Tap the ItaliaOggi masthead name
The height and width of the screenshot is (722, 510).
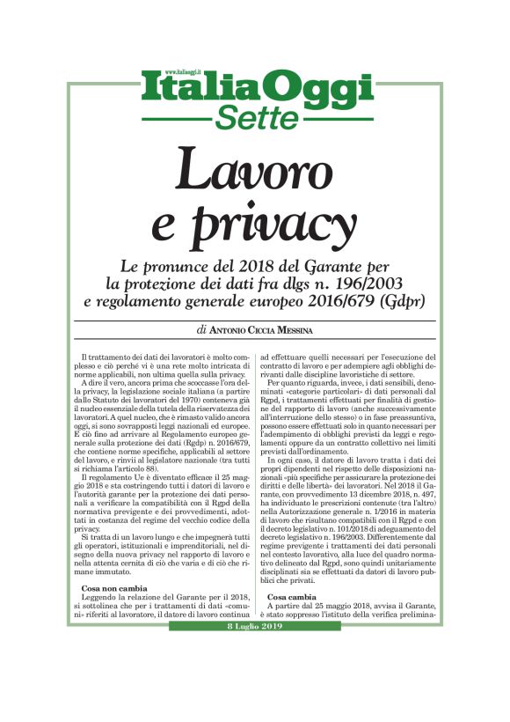[x=254, y=91]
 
